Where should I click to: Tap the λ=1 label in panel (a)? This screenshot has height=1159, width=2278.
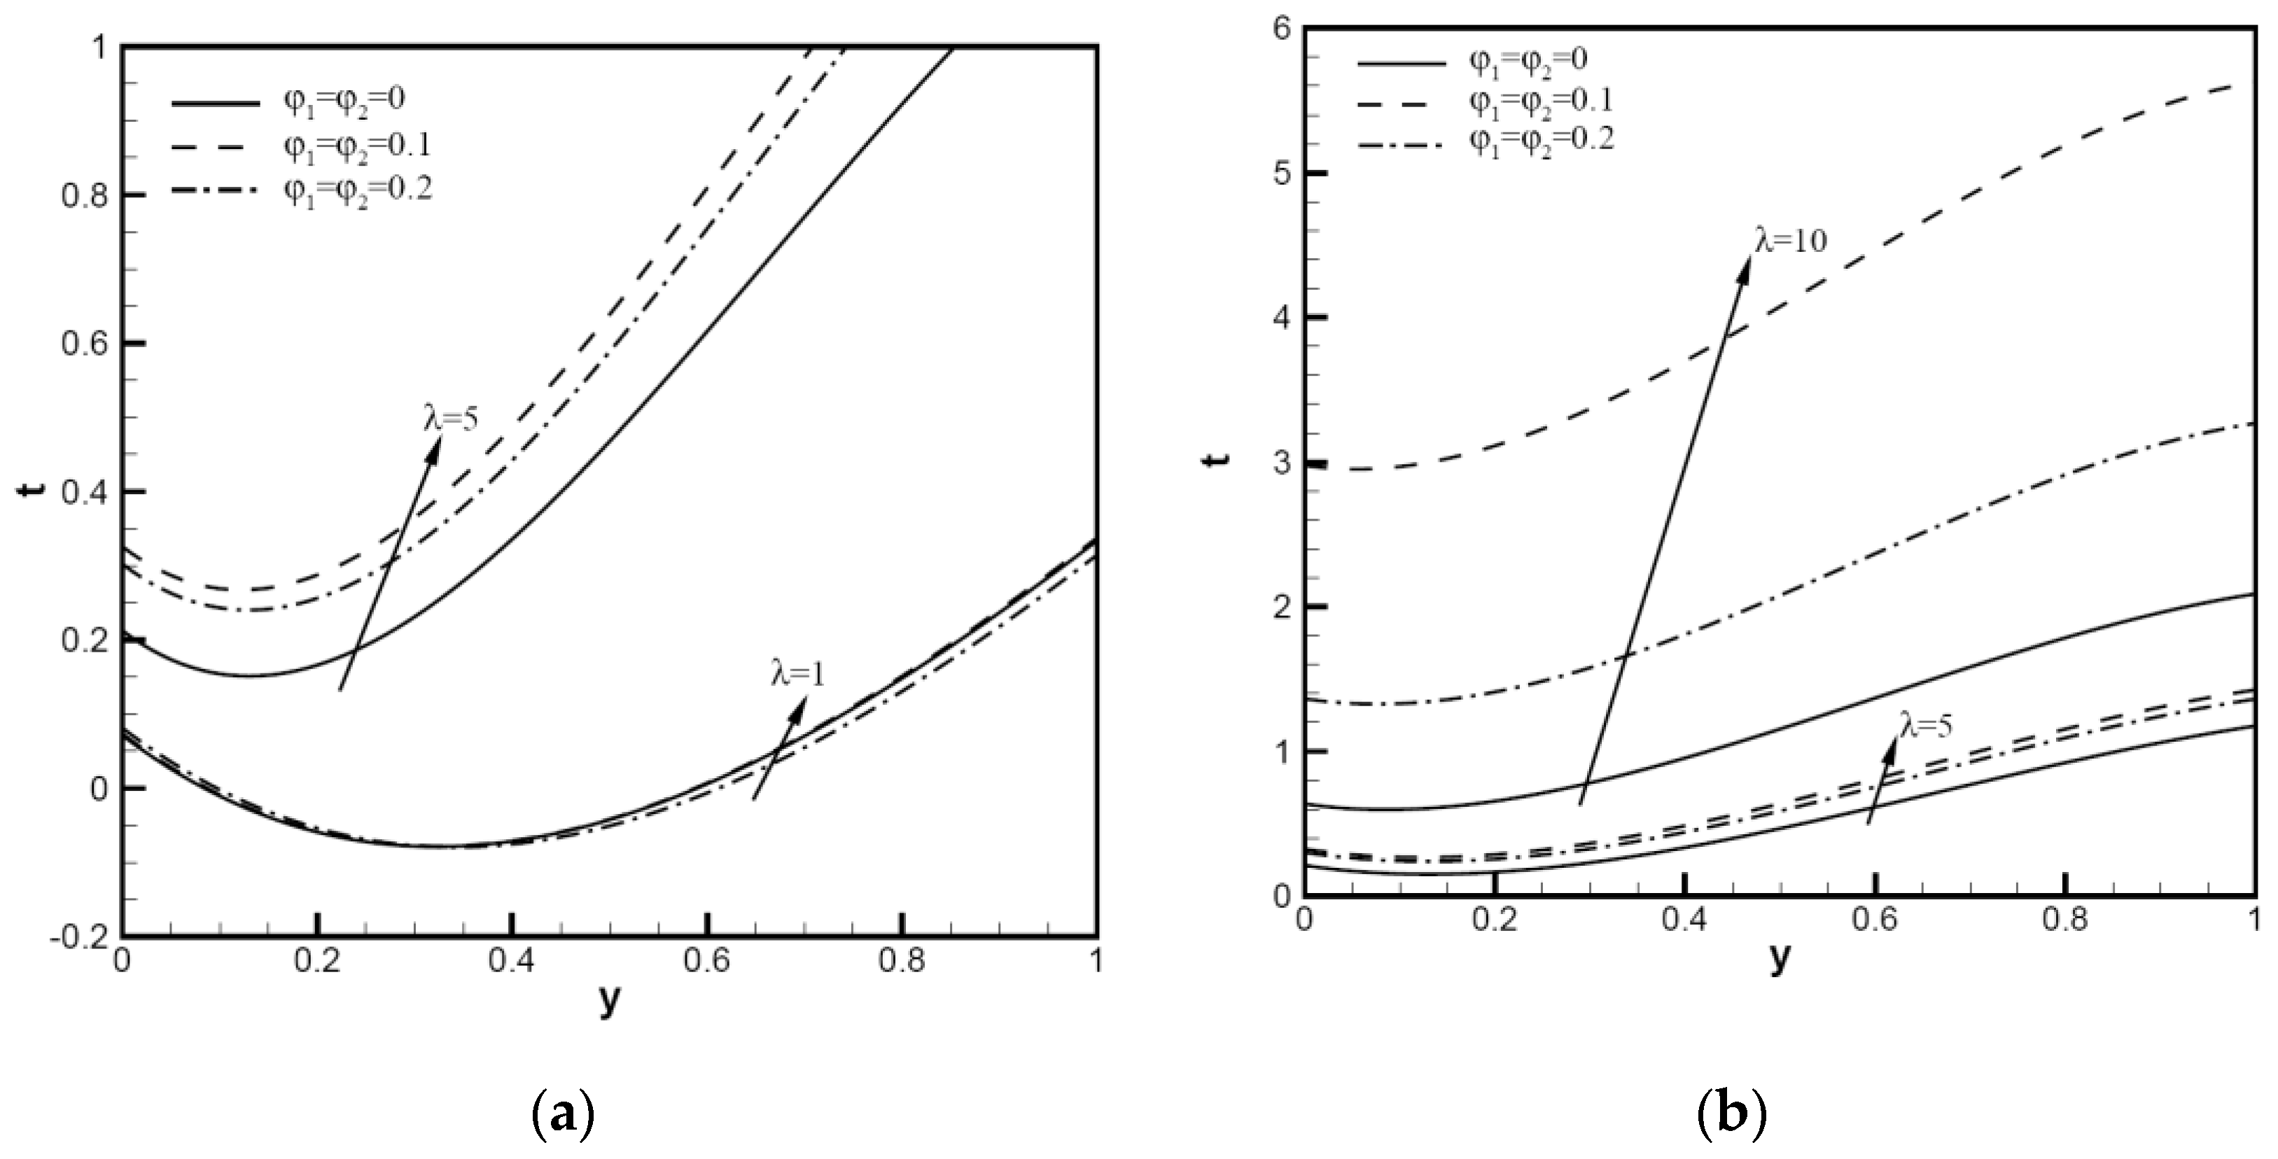pyautogui.click(x=797, y=675)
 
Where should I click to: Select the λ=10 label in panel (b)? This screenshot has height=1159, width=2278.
pyautogui.click(x=1790, y=241)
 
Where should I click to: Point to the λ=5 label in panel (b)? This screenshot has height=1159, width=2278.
pyautogui.click(x=1925, y=725)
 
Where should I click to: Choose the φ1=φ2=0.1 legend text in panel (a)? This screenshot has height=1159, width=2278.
pyautogui.click(x=356, y=144)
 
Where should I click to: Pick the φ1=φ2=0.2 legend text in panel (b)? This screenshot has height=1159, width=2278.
pyautogui.click(x=1542, y=140)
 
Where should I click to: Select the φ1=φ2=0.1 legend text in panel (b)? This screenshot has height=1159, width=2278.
pyautogui.click(x=1542, y=100)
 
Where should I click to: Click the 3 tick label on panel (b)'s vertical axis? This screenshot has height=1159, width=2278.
pyautogui.click(x=1283, y=463)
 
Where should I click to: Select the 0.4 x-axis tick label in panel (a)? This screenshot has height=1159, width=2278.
pyautogui.click(x=512, y=961)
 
